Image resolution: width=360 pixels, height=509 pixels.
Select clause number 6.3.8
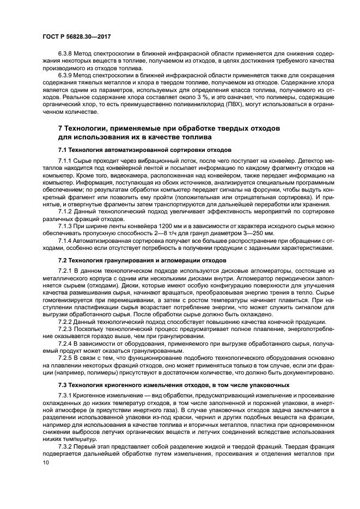tap(68, 56)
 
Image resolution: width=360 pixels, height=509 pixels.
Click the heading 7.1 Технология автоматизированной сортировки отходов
tap(144, 149)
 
